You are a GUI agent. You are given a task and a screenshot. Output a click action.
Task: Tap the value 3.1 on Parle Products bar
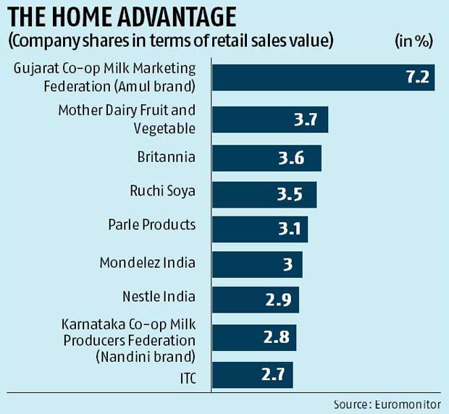point(288,229)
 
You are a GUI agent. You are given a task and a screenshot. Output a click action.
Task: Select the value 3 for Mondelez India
point(288,265)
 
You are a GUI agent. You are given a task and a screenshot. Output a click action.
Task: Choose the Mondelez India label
point(147,262)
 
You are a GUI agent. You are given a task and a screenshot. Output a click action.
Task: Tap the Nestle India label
point(159,295)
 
